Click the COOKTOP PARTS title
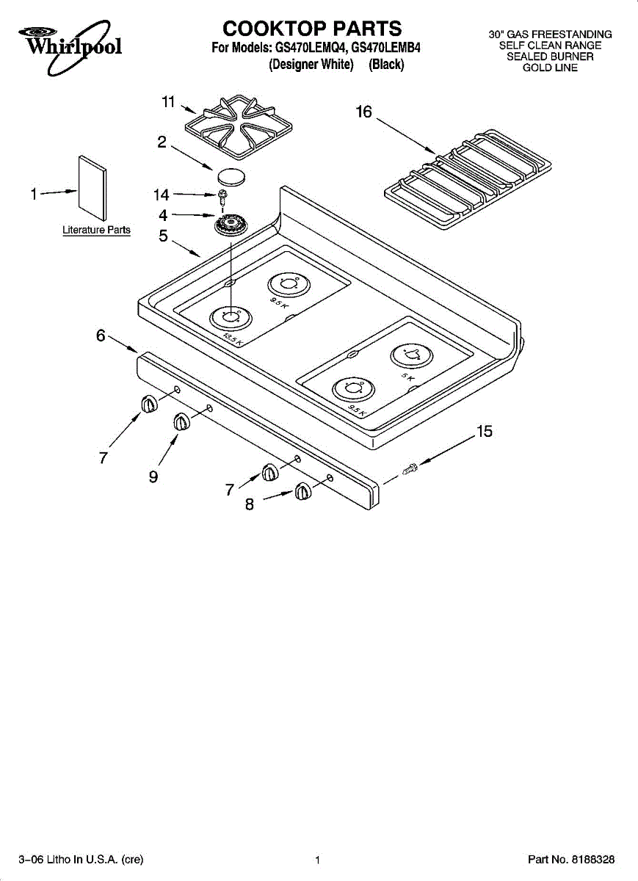(313, 29)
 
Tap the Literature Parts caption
(96, 230)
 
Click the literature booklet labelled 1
(93, 189)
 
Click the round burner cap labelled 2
(231, 175)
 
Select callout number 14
(161, 195)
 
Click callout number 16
(363, 112)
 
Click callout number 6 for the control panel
(101, 336)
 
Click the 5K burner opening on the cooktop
(411, 356)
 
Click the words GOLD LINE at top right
(550, 68)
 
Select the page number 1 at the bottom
(317, 859)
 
